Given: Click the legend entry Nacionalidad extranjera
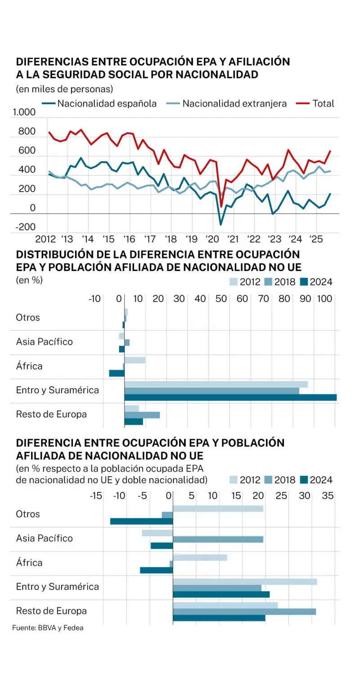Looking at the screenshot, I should (x=234, y=104).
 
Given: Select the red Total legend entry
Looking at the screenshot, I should (x=323, y=104).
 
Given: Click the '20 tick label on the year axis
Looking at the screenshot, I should (x=211, y=239).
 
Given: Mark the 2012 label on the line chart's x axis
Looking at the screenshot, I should (x=45, y=239).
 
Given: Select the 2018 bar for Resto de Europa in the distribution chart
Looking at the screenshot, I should (x=142, y=415).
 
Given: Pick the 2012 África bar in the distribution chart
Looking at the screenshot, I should (x=135, y=360).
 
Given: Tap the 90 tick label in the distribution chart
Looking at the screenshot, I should (x=306, y=299).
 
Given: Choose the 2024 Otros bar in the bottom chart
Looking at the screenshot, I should (x=141, y=521).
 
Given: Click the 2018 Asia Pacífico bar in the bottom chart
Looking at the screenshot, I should (x=218, y=539).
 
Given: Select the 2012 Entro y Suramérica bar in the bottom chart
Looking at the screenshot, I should (x=245, y=581).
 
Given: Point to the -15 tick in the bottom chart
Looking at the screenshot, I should (x=95, y=496).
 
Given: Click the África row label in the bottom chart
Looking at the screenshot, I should (x=29, y=563).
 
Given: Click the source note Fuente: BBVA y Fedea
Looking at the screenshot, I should (x=48, y=628).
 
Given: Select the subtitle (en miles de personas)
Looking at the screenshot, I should (x=64, y=89).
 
